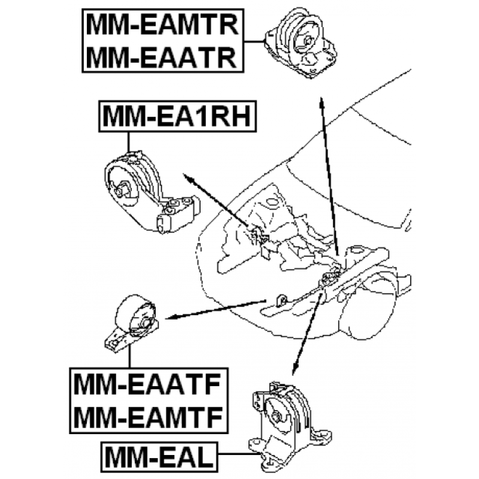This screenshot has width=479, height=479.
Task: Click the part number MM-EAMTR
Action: [x=162, y=25]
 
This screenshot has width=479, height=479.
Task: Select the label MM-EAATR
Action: [x=162, y=57]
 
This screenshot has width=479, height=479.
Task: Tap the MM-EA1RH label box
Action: [x=177, y=116]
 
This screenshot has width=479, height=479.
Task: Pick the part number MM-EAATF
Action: [x=147, y=386]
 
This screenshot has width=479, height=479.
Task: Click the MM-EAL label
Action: [x=159, y=457]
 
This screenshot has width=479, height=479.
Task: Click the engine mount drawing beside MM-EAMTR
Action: [x=301, y=43]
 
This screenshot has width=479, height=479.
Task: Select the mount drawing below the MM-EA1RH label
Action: [x=152, y=192]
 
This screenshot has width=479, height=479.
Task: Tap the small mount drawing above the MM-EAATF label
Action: [x=132, y=324]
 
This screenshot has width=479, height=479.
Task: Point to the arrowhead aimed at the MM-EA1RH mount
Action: [x=189, y=178]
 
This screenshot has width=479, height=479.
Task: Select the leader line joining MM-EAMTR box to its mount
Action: [x=254, y=41]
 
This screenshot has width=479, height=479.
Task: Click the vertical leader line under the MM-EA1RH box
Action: [x=129, y=142]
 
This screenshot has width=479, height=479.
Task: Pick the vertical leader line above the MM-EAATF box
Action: [x=130, y=356]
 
